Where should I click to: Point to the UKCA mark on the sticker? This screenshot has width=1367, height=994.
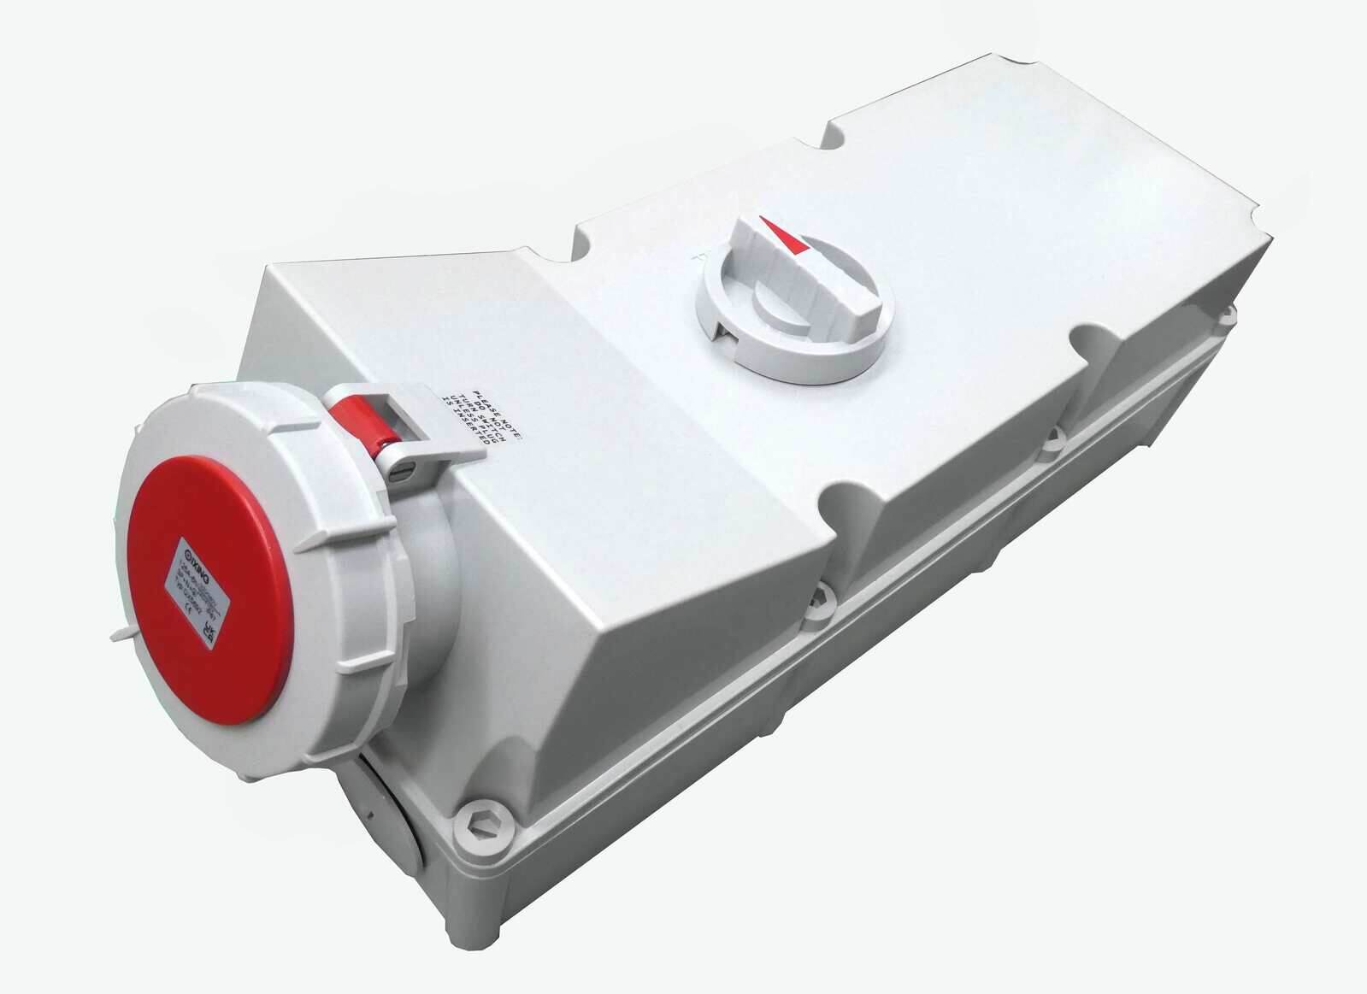[209, 631]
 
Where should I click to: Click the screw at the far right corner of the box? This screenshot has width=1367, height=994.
[1229, 314]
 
